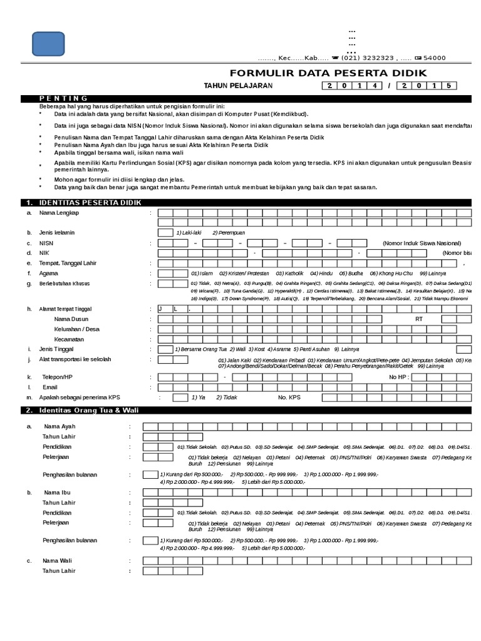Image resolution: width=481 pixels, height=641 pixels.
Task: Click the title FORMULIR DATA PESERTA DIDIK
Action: point(328,73)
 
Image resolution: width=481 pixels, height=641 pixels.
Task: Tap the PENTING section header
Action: point(63,98)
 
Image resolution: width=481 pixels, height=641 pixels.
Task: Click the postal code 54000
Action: point(432,58)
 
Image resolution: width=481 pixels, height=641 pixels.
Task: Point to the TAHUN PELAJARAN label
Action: point(238,86)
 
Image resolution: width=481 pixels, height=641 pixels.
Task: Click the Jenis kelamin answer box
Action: point(165,232)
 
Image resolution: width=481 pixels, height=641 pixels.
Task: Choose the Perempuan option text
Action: point(229,232)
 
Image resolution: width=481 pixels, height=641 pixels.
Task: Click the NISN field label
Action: point(46,243)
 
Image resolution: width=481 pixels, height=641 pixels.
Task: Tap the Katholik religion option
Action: point(290,274)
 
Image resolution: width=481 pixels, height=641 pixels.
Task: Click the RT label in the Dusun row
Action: point(419,319)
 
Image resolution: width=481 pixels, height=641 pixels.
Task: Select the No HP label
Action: point(399,377)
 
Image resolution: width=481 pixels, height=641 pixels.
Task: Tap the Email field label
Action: point(49,387)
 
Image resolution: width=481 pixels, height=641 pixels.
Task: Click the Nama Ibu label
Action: point(57,493)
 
